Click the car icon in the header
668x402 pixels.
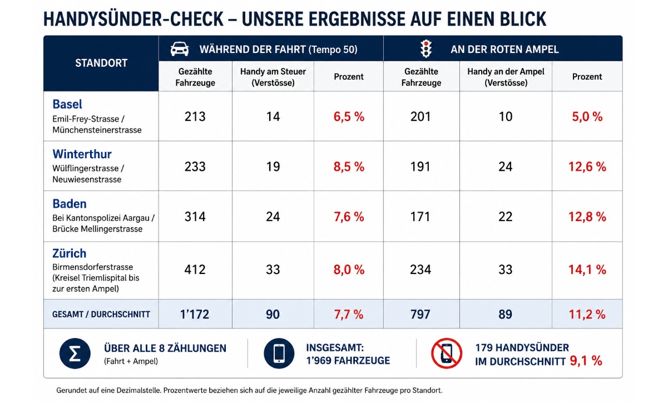pyautogui.click(x=179, y=49)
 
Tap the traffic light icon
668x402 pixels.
pyautogui.click(x=426, y=48)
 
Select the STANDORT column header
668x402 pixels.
pyautogui.click(x=101, y=63)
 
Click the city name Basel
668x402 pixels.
pyautogui.click(x=67, y=104)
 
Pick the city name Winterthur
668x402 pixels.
pyautogui.click(x=82, y=154)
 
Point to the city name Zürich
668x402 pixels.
pyautogui.click(x=69, y=253)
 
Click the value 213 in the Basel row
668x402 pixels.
pyautogui.click(x=195, y=116)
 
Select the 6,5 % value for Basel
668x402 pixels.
pyautogui.click(x=349, y=117)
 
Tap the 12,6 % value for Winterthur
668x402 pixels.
pyautogui.click(x=587, y=166)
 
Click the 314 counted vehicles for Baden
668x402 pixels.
pyautogui.click(x=195, y=217)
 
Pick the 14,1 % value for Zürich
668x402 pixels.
pyautogui.click(x=587, y=270)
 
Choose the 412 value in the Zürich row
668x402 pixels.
pyautogui.click(x=195, y=270)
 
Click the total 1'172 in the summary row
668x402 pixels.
pyautogui.click(x=195, y=314)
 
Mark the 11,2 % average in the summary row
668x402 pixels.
pyautogui.click(x=587, y=314)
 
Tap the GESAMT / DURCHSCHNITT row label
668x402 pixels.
pyautogui.click(x=101, y=314)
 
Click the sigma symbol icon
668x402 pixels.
pyautogui.click(x=75, y=354)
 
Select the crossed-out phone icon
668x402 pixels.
pyautogui.click(x=447, y=354)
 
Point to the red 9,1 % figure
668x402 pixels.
pyautogui.click(x=586, y=361)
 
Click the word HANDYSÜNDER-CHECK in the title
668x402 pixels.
pyautogui.click(x=133, y=19)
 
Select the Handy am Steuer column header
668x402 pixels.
pyautogui.click(x=273, y=77)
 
